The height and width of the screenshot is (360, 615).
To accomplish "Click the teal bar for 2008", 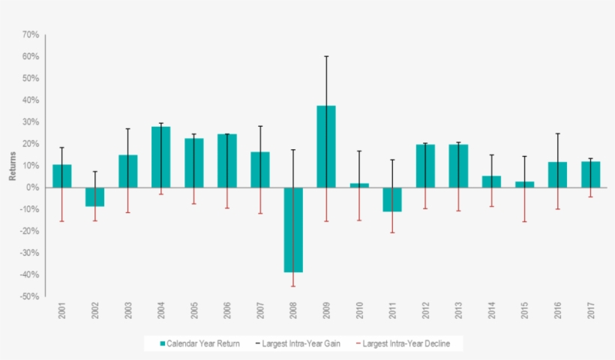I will [292, 229].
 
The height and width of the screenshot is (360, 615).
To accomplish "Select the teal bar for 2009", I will [325, 146].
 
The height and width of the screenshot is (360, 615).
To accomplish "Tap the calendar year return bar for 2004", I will [160, 157].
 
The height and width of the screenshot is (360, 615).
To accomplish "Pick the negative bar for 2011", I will [391, 199].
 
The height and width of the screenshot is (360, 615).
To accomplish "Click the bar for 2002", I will [94, 196].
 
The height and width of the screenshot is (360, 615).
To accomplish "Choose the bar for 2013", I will [457, 166].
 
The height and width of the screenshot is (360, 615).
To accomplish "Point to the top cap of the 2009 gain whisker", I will [325, 56].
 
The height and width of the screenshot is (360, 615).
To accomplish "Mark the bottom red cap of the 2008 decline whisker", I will [292, 286].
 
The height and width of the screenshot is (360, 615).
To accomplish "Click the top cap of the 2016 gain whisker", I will [556, 133].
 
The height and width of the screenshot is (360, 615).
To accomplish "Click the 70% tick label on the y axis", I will [30, 34].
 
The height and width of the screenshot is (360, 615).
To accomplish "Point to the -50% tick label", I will [29, 296].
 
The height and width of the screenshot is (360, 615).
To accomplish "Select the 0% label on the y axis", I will [33, 187].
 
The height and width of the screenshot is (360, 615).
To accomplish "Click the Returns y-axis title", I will [12, 166].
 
